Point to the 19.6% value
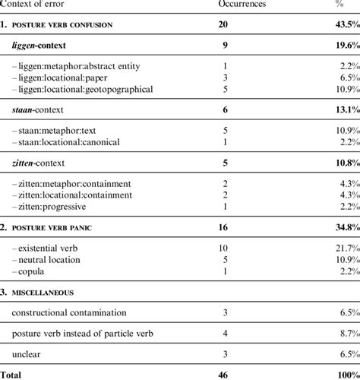pos(343,46)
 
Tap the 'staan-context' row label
pos(42,109)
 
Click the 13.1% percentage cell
pos(343,109)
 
